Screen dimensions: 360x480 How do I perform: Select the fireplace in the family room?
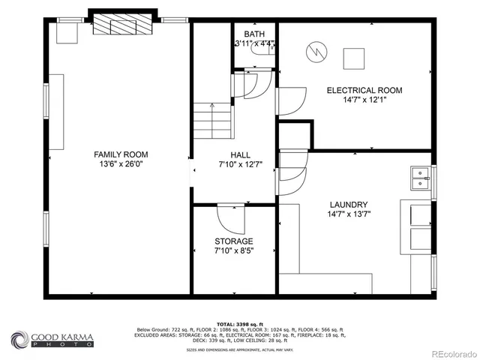(x=123, y=25)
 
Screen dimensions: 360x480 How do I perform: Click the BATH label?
(x=254, y=34)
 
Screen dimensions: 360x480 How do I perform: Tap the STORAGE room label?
(x=234, y=241)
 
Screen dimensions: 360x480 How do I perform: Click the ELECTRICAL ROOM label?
(x=364, y=90)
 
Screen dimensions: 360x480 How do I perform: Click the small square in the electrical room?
(x=353, y=57)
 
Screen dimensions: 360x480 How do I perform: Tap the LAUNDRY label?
(x=348, y=204)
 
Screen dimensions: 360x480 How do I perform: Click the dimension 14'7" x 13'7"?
(x=348, y=214)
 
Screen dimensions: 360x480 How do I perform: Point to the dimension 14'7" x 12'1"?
(x=364, y=100)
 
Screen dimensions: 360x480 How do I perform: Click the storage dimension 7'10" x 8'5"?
(x=234, y=250)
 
